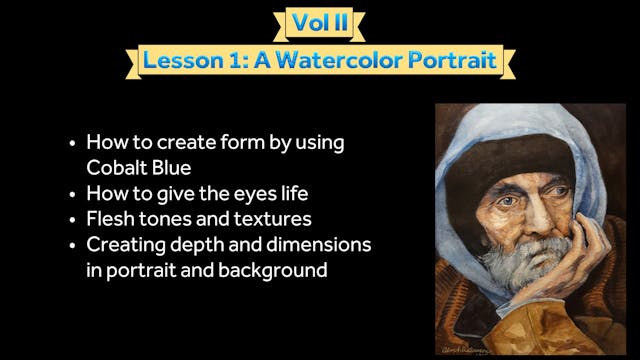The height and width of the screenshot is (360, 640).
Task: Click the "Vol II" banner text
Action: click(319, 22)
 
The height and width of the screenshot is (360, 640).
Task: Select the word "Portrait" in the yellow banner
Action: click(457, 61)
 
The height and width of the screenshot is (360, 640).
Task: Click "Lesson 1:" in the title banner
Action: click(192, 61)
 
